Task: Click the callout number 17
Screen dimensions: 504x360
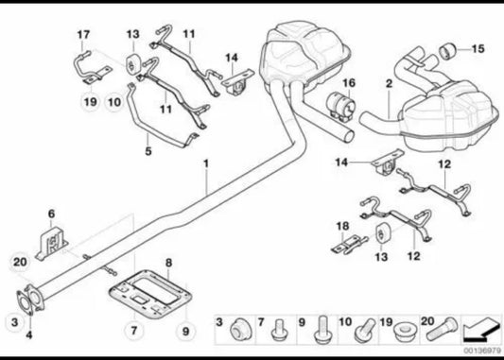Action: click(x=83, y=35)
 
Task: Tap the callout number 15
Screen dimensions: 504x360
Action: click(x=478, y=49)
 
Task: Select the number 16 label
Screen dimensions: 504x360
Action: click(x=349, y=83)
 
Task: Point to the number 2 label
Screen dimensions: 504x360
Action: click(x=390, y=84)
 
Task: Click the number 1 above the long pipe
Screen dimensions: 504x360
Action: click(x=206, y=163)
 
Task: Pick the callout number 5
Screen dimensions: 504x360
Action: click(x=148, y=151)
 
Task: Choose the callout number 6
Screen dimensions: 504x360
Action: click(x=52, y=214)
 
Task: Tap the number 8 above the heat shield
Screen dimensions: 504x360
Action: click(x=168, y=263)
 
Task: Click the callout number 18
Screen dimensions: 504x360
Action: click(x=342, y=226)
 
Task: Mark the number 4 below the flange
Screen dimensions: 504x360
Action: click(x=29, y=335)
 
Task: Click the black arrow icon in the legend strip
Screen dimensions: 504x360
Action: click(x=481, y=330)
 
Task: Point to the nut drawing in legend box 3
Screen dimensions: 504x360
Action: click(x=241, y=330)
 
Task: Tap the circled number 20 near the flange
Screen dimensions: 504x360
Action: click(x=20, y=262)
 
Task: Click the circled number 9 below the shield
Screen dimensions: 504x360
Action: click(x=185, y=331)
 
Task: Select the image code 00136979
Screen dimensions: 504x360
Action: click(x=482, y=351)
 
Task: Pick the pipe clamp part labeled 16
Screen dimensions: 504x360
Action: click(x=340, y=107)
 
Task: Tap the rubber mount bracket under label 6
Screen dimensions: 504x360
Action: click(x=53, y=243)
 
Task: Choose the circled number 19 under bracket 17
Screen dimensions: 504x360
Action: click(x=91, y=102)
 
